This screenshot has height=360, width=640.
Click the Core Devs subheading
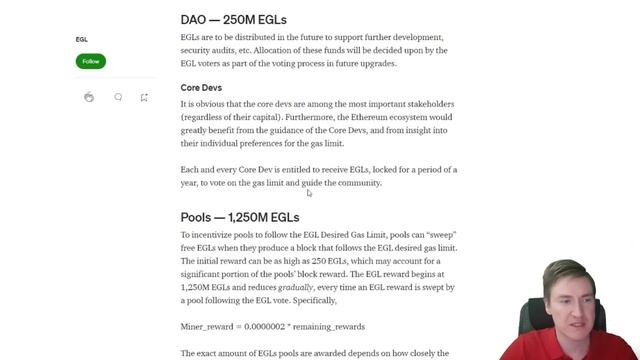[203, 87]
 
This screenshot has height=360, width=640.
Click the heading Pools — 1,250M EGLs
[240, 217]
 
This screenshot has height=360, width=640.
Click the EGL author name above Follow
[82, 40]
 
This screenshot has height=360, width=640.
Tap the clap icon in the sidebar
[90, 97]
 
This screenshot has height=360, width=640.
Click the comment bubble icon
[118, 97]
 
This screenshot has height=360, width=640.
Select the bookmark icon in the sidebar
[144, 97]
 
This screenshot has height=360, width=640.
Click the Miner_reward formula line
[272, 326]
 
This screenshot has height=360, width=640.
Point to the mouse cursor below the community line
[309, 192]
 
